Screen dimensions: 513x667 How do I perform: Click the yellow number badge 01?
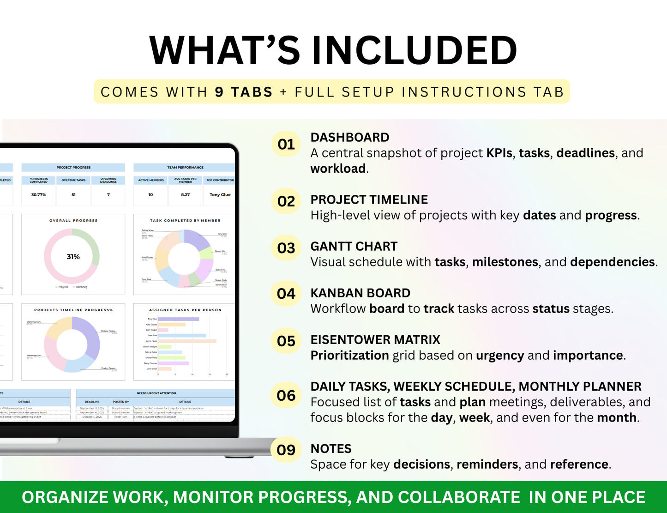[286, 145]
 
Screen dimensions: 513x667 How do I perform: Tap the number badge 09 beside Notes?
[286, 450]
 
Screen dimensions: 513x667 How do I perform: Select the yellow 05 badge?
[286, 341]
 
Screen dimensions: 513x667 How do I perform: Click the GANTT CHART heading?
[354, 247]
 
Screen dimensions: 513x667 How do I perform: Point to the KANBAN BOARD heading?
[360, 293]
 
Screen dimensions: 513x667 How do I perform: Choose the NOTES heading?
[331, 449]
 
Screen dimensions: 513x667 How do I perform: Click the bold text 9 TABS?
[244, 92]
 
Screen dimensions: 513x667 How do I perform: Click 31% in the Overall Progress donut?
[73, 257]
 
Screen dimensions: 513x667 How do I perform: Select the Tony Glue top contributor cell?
[220, 195]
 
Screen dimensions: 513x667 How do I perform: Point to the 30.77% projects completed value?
[38, 195]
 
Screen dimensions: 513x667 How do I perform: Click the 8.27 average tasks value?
[185, 195]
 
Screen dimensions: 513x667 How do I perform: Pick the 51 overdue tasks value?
[73, 195]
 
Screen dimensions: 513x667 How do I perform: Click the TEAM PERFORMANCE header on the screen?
[185, 168]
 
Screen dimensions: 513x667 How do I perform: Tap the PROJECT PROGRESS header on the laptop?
[73, 168]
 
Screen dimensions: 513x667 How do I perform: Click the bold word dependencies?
[613, 262]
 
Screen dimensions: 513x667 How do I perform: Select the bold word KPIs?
[499, 153]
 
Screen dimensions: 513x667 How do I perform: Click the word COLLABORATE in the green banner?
[459, 497]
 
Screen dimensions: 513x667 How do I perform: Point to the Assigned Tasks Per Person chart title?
[185, 310]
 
